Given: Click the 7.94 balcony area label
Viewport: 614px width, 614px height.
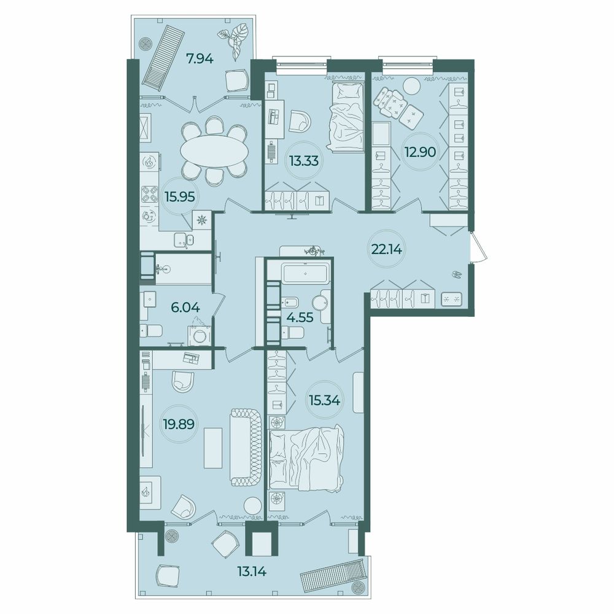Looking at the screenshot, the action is click(199, 60).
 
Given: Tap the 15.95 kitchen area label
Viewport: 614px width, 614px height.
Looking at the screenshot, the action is click(180, 196).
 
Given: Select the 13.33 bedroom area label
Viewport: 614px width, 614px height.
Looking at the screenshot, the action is click(304, 160).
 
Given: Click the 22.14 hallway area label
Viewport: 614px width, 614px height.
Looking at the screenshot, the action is click(387, 249).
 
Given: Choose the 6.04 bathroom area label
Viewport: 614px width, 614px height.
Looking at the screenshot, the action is click(185, 308).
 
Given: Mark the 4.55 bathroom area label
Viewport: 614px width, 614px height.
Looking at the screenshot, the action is click(299, 317).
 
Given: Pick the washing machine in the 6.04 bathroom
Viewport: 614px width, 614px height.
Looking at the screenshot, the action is click(200, 332).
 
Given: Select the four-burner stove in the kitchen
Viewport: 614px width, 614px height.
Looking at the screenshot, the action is click(149, 194).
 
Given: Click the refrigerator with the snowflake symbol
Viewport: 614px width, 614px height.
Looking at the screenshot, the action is click(202, 220).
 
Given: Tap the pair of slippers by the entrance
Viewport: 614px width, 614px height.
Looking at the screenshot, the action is click(457, 274).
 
